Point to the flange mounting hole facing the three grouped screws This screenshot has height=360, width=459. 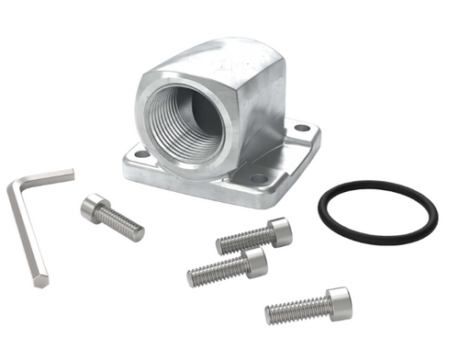pos(259,176)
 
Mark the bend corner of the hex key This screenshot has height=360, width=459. pos(14,186)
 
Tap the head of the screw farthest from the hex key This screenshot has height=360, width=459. pos(338,301)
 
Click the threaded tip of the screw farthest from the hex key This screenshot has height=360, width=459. pos(272,315)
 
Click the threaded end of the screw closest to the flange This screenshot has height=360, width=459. pos(223,244)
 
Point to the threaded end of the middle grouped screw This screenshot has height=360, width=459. pos(195,276)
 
